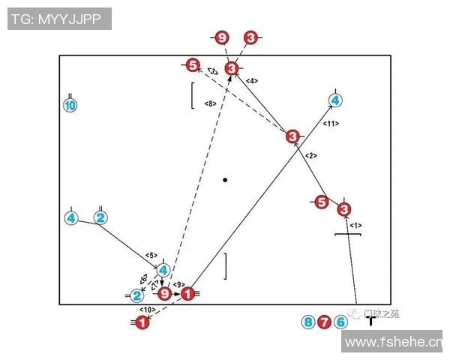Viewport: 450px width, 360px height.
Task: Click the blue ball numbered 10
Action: (x=70, y=106)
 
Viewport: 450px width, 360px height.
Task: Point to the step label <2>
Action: (x=312, y=155)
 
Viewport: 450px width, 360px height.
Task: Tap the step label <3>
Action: (x=213, y=71)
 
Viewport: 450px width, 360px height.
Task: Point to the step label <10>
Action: (x=147, y=308)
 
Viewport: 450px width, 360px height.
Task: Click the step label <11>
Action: (x=331, y=123)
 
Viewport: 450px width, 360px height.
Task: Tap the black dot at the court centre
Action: (x=225, y=180)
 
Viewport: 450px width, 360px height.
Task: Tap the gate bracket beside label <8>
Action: (x=193, y=95)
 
